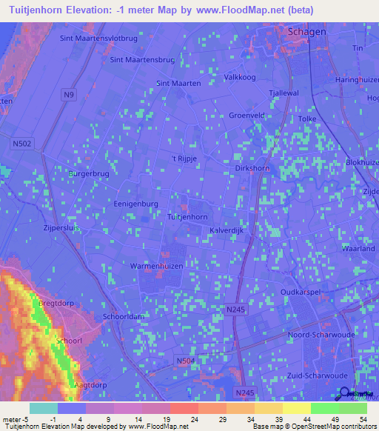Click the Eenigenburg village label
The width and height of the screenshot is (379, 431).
pos(137,203)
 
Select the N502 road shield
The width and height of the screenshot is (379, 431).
pos(23,144)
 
